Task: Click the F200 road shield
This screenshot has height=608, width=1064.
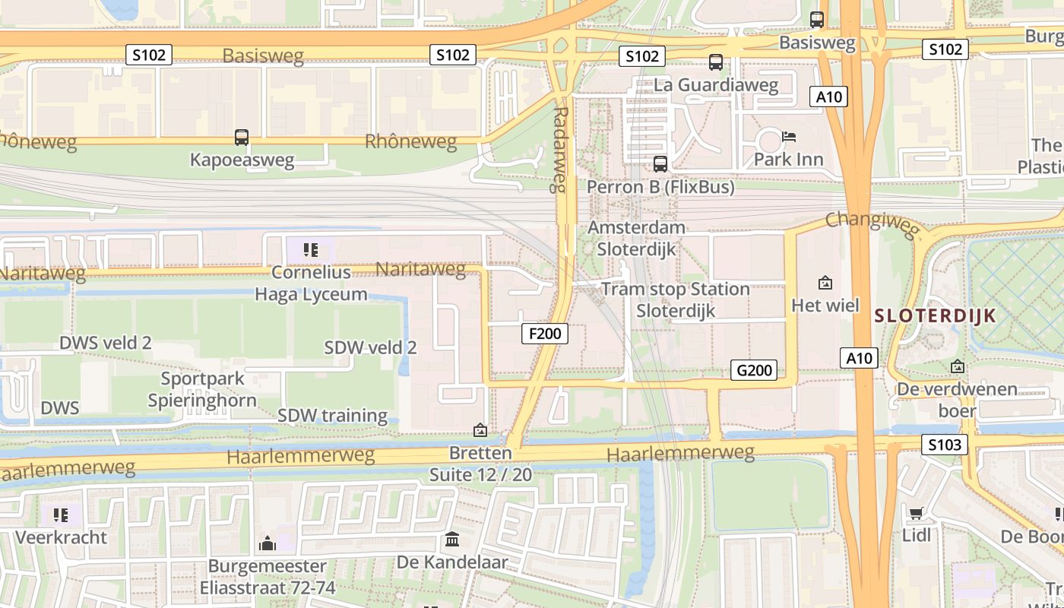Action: pos(545,333)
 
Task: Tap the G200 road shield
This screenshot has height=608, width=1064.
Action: pos(754,370)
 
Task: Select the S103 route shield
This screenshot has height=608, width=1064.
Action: pos(945,445)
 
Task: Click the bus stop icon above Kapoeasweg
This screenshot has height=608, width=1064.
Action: pos(242,138)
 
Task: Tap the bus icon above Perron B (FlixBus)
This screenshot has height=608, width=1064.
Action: pos(660,163)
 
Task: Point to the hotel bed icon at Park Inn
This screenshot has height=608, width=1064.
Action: pos(789,137)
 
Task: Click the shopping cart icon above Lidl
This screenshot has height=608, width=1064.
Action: pos(916,513)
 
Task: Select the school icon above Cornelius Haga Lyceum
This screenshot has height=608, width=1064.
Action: pos(310,249)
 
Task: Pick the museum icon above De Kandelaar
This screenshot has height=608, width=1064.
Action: pos(452,540)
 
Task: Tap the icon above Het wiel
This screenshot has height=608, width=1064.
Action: pos(825,283)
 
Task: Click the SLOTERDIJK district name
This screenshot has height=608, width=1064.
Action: pos(935,316)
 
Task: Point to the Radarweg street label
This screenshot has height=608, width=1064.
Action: pos(560,148)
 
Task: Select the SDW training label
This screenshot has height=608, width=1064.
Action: pos(332,416)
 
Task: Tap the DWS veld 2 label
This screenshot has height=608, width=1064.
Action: pos(105,343)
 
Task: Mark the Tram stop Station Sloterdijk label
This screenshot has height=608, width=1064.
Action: pos(675,299)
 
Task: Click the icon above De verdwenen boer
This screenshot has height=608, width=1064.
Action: pos(957,366)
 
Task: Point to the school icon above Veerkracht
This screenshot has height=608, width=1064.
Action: pos(61,515)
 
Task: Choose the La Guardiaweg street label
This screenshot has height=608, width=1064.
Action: pos(716,85)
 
